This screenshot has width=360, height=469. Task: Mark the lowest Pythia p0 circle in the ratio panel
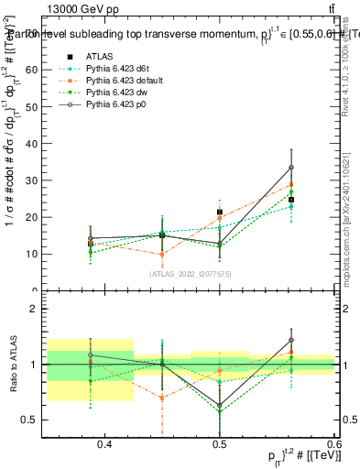[220, 405]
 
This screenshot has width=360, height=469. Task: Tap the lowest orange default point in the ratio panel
[162, 398]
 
